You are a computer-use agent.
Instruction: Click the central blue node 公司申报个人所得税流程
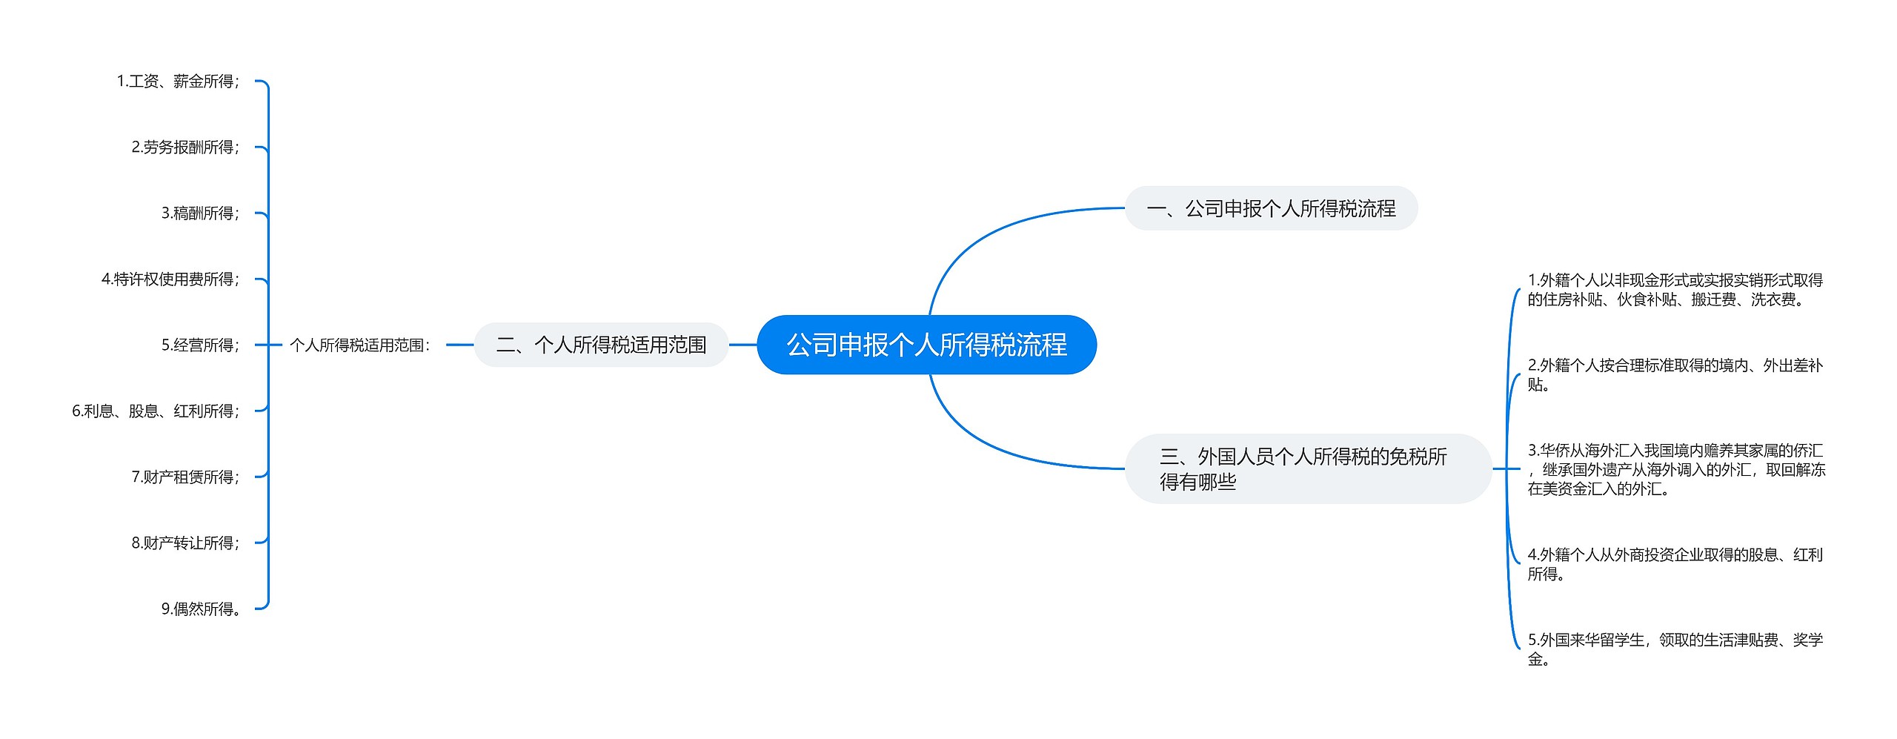[x=926, y=345]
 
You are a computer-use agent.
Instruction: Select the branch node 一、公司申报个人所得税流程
[x=1271, y=208]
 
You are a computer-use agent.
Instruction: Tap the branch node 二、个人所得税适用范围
[x=601, y=345]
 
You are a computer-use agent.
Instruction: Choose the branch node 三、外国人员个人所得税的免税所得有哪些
[x=1307, y=468]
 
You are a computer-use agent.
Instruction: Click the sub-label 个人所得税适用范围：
[x=360, y=345]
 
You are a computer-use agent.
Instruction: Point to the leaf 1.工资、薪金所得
[x=178, y=82]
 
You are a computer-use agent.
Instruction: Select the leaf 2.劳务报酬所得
[x=185, y=148]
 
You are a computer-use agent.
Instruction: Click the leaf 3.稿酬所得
[x=200, y=213]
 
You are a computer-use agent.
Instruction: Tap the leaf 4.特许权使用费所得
[x=170, y=279]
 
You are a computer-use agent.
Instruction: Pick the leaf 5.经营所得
[x=200, y=345]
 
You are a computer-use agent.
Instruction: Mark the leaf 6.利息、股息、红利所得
[x=156, y=411]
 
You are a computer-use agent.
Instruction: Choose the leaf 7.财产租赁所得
[x=185, y=477]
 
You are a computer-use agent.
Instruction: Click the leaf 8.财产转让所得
[x=185, y=543]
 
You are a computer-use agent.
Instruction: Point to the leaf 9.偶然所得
[x=201, y=609]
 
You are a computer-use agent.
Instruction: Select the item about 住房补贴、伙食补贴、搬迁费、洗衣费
[x=1675, y=290]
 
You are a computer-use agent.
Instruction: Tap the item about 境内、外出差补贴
[x=1675, y=374]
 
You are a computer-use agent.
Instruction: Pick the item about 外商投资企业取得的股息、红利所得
[x=1675, y=564]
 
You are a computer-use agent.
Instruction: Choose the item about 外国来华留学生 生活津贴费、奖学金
[x=1675, y=649]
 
